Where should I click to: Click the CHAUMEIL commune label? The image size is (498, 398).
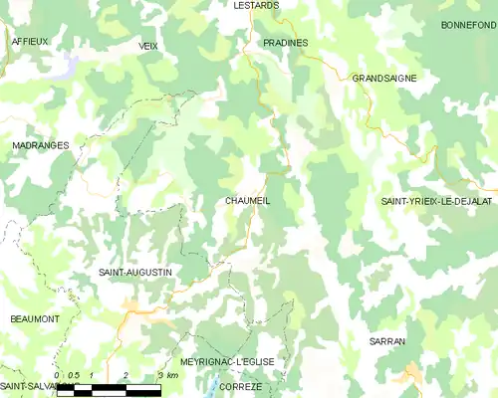point(248,201)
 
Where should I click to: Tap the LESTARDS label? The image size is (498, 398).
point(256,5)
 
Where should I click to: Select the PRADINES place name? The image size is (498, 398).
point(286,43)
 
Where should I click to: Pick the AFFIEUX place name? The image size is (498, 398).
point(30,42)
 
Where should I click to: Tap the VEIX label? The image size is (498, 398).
point(149,46)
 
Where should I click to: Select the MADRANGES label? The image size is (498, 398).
point(41,145)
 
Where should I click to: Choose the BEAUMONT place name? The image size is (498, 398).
point(35,318)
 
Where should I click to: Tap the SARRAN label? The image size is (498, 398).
point(386,341)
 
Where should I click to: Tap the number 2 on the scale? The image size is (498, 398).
point(125,375)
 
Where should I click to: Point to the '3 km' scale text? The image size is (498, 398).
point(166,375)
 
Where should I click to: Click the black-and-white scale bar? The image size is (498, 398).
point(109,390)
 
